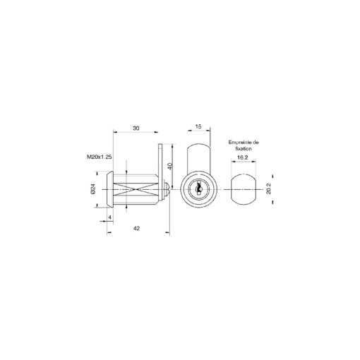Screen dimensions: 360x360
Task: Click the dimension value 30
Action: [136, 128]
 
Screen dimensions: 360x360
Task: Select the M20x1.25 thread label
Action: [100, 157]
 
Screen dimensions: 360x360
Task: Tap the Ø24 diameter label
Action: [93, 188]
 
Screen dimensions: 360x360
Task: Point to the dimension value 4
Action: [109, 217]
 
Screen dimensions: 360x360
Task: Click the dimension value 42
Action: [136, 228]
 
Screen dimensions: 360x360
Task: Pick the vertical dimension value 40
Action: [170, 166]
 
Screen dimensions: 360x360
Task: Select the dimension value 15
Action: [198, 126]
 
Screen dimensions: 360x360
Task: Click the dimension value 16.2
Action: [242, 157]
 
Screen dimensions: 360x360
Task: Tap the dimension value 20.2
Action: [268, 188]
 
